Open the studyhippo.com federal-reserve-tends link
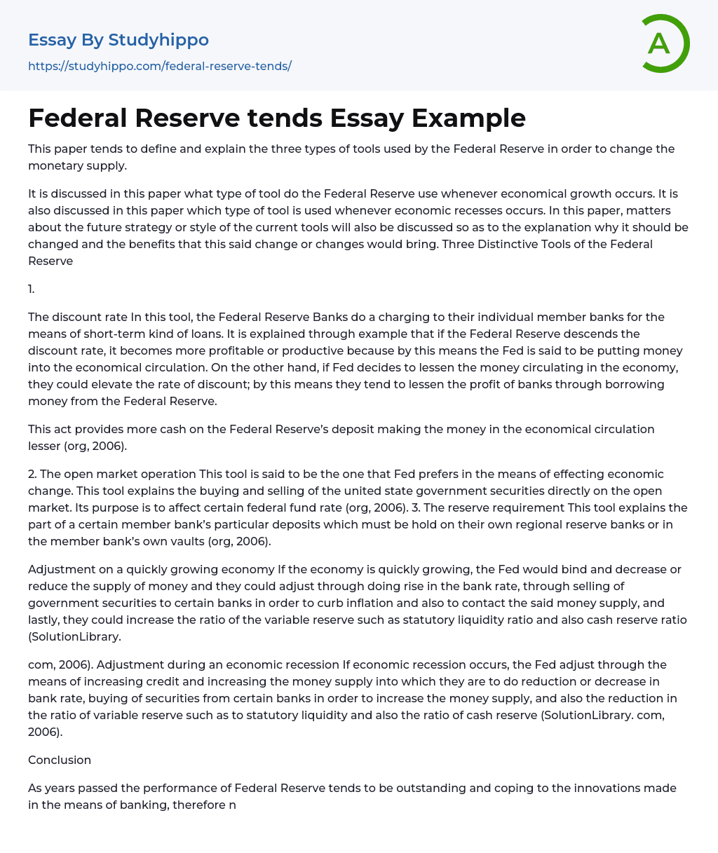[159, 66]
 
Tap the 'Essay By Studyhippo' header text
[118, 40]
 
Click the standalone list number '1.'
[32, 289]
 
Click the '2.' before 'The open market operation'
[33, 474]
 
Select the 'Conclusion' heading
[60, 760]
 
